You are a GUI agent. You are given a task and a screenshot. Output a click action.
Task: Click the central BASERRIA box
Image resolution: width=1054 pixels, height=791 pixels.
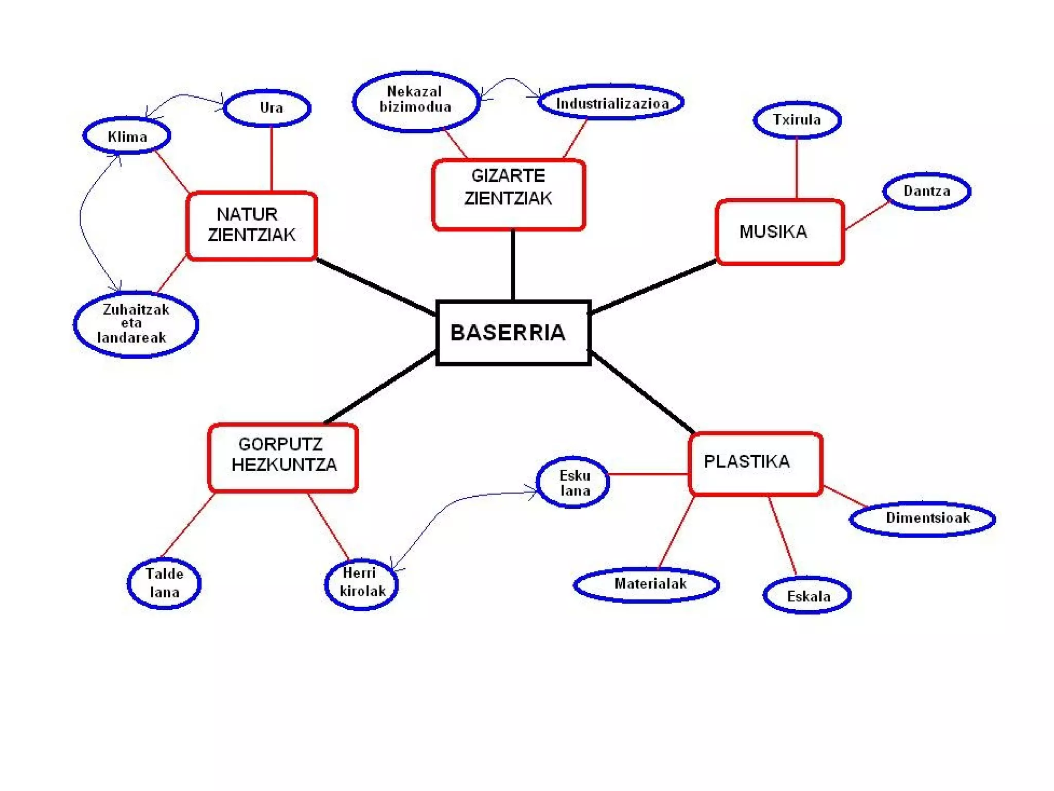point(513,333)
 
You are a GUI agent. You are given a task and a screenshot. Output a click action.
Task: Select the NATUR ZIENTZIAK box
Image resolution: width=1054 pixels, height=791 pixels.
point(252,226)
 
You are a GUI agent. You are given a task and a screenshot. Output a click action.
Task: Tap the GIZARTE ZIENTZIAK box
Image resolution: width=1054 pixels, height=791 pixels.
point(508,194)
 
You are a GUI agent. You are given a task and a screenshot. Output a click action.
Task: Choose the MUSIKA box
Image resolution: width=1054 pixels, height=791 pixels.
point(779,232)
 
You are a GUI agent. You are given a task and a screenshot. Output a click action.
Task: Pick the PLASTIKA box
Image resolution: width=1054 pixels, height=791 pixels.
point(755,463)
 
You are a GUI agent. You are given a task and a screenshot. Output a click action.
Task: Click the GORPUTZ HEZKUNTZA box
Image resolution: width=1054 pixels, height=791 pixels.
point(283,457)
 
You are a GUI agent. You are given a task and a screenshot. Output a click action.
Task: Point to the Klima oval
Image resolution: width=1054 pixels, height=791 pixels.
point(127,136)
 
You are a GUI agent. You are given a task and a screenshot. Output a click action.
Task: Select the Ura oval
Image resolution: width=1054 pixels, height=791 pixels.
point(268,108)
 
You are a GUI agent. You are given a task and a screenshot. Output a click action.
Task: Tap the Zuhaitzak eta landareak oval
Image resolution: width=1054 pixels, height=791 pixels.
point(135,324)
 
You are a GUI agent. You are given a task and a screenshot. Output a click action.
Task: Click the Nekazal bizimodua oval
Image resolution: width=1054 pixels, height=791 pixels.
point(416,101)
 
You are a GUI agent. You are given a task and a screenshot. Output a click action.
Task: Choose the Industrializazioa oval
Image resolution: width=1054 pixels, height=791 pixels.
point(611,102)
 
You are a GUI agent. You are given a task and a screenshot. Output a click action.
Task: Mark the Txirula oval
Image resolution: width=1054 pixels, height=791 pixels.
point(797,120)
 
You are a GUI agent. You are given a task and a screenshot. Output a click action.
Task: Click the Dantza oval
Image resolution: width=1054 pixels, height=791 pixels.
point(926,191)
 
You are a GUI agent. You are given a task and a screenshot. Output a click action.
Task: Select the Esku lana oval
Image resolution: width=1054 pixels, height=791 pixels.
point(573,483)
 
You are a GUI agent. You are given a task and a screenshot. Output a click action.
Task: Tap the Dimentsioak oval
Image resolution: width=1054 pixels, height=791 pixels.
point(922,519)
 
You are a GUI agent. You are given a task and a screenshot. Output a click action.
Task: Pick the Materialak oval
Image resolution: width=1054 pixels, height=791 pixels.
point(646,584)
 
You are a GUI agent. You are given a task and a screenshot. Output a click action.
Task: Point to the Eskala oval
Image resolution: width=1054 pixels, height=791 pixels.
point(806,596)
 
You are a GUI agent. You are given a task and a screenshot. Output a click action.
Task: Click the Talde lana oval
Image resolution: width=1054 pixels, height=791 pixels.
point(164,583)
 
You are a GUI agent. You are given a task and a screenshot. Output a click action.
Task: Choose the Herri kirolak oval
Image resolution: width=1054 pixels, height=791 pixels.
point(361,583)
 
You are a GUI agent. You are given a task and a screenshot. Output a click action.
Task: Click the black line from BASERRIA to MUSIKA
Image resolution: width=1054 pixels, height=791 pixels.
point(654,287)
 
